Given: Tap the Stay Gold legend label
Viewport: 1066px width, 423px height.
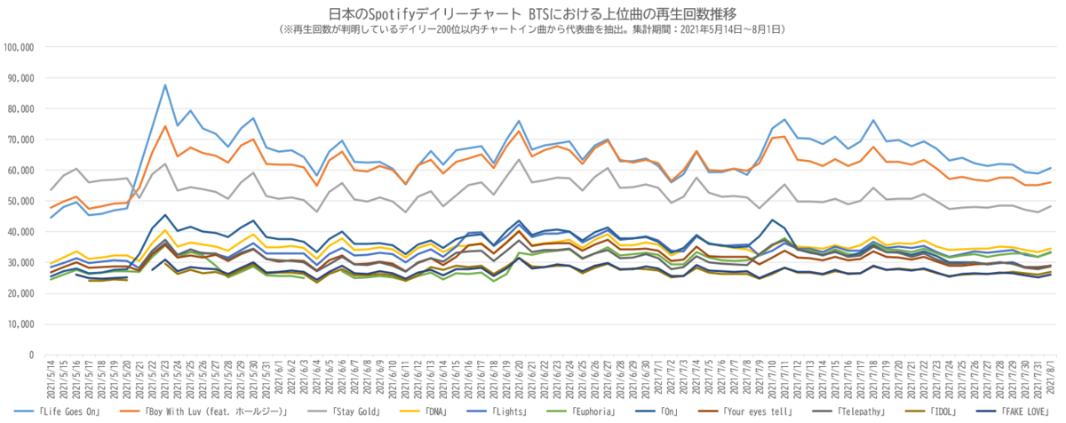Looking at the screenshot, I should (x=358, y=411).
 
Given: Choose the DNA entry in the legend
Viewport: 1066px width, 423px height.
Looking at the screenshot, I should (x=441, y=411).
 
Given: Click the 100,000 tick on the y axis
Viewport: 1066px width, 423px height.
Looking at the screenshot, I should (x=19, y=46).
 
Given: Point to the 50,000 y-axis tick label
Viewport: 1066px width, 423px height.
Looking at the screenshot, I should (x=21, y=201).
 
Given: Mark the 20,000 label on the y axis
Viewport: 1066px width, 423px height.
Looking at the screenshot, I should (x=21, y=293).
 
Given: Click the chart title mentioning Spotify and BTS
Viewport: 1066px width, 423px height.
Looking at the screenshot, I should (x=532, y=14).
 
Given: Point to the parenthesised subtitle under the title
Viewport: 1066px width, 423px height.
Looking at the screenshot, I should (x=532, y=29).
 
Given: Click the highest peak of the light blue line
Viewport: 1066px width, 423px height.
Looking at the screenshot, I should (x=165, y=85).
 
